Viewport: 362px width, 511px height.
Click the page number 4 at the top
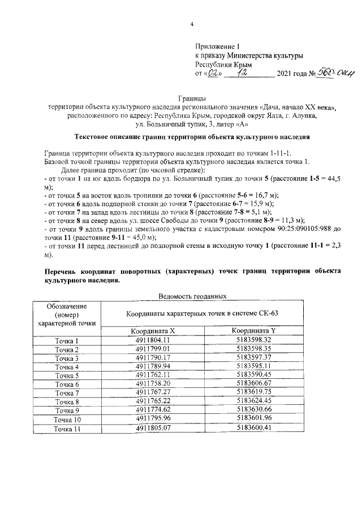coord(192,24)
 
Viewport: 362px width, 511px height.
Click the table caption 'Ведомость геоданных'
coord(192,295)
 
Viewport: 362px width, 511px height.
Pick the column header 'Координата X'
coord(153,331)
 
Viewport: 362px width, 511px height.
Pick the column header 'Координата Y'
coord(255,331)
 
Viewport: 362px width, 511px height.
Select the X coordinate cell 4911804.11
coord(153,340)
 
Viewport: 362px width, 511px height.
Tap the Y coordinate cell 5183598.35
coord(255,349)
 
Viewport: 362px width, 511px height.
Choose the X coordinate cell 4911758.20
coord(153,384)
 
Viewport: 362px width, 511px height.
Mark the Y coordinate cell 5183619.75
coord(255,392)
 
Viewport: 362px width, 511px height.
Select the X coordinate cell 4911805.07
coord(153,427)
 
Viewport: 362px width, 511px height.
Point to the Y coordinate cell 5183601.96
coord(255,418)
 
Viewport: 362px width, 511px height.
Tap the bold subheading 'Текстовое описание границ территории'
coord(192,137)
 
